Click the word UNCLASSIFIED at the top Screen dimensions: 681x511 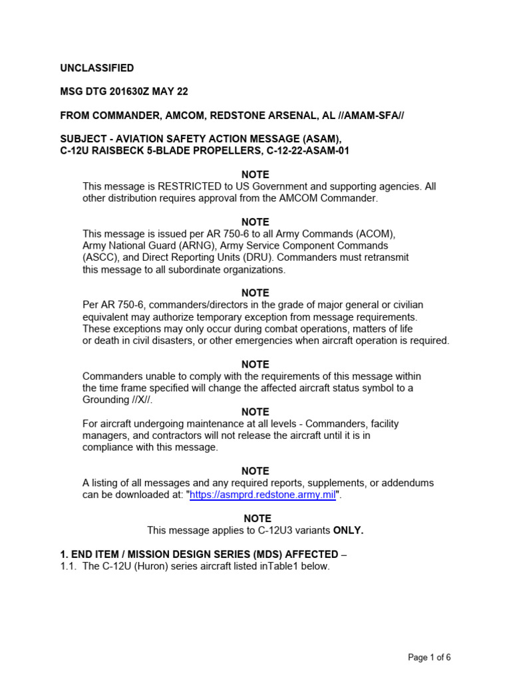coord(97,68)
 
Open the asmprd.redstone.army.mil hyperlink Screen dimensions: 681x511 coord(263,495)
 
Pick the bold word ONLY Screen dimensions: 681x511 coord(347,530)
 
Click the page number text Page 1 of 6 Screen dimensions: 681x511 coord(429,658)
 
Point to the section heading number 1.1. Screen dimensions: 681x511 coord(69,566)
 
